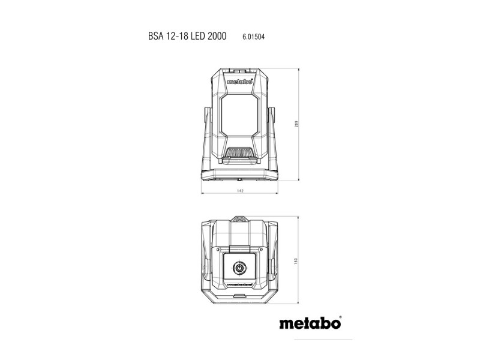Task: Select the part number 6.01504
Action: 254,37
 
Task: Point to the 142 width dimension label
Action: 239,190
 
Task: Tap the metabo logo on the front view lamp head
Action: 239,84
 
